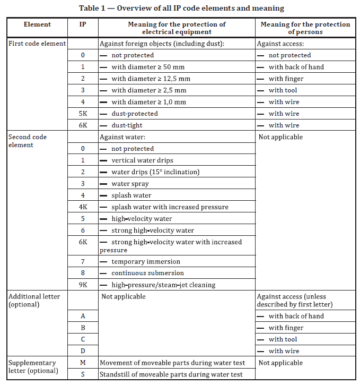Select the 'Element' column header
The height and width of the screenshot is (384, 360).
37,24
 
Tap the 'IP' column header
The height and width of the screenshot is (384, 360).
83,24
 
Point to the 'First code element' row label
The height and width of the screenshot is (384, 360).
37,44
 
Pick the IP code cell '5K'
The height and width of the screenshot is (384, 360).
83,114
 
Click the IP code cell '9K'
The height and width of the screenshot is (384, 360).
83,285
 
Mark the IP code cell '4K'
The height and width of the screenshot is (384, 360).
83,207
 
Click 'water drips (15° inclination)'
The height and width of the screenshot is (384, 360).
155,172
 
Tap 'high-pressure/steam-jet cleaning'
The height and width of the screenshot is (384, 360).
163,285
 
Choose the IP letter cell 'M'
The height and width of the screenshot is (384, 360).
83,363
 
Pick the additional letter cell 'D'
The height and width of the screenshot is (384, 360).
83,351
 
